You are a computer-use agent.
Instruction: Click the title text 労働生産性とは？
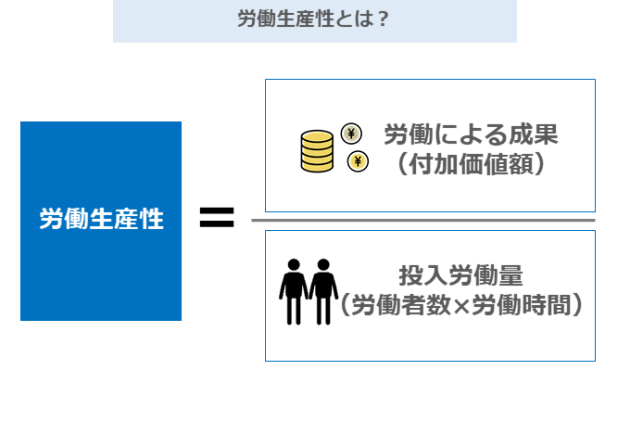pyautogui.click(x=313, y=19)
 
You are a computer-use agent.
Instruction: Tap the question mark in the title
pyautogui.click(x=383, y=19)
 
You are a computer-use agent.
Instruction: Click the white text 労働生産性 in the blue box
pyautogui.click(x=101, y=220)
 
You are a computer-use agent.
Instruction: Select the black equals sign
pyautogui.click(x=217, y=219)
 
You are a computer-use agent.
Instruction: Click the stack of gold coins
pyautogui.click(x=317, y=152)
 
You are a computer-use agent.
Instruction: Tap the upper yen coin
pyautogui.click(x=352, y=134)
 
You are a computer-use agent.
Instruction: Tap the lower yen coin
pyautogui.click(x=357, y=163)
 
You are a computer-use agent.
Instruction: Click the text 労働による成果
pyautogui.click(x=470, y=135)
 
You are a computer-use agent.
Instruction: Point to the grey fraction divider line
pyautogui.click(x=422, y=220)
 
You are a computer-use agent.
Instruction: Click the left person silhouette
pyautogui.click(x=294, y=290)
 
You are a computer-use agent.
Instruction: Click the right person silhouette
pyautogui.click(x=322, y=290)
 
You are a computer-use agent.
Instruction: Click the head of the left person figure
pyautogui.click(x=294, y=263)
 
